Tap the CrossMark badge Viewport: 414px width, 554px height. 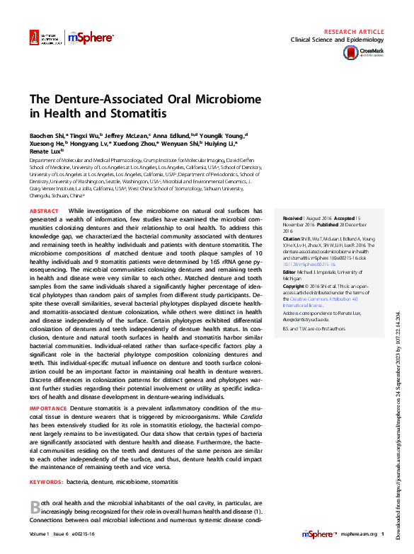[371, 52]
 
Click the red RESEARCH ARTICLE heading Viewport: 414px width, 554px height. [353, 33]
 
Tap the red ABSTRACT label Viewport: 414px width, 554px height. [44, 211]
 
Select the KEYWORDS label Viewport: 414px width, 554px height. [46, 481]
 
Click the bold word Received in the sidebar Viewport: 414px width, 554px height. [293, 218]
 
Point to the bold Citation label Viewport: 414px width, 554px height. [293, 238]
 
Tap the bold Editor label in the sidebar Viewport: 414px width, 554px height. [290, 272]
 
